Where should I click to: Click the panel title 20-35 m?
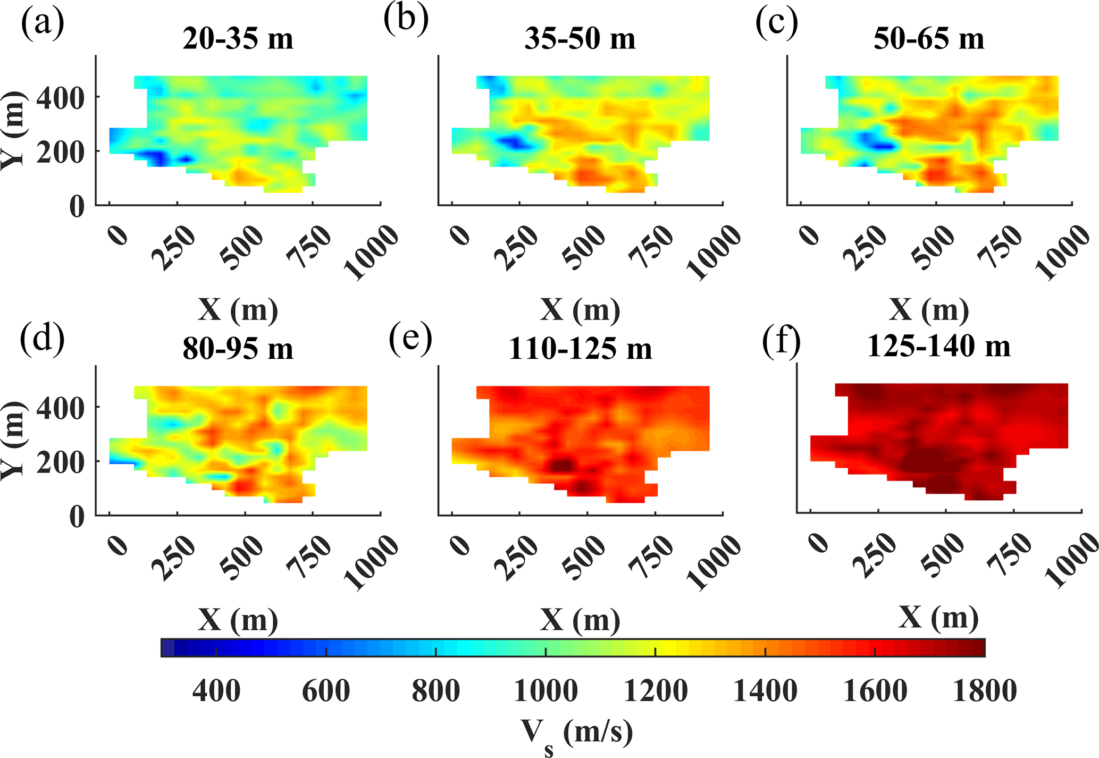[238, 39]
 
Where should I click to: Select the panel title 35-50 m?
[580, 39]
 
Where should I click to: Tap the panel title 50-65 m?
[928, 39]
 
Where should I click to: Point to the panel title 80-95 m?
[238, 349]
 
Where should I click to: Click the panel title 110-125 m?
[580, 349]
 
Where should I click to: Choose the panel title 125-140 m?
[938, 346]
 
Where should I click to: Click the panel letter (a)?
[43, 22]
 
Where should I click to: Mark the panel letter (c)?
[776, 22]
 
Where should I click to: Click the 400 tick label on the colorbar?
[216, 691]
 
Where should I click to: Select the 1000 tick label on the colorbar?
[546, 691]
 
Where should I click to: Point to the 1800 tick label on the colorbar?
[985, 691]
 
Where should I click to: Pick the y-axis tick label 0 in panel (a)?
[77, 206]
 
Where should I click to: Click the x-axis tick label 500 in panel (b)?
[584, 247]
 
